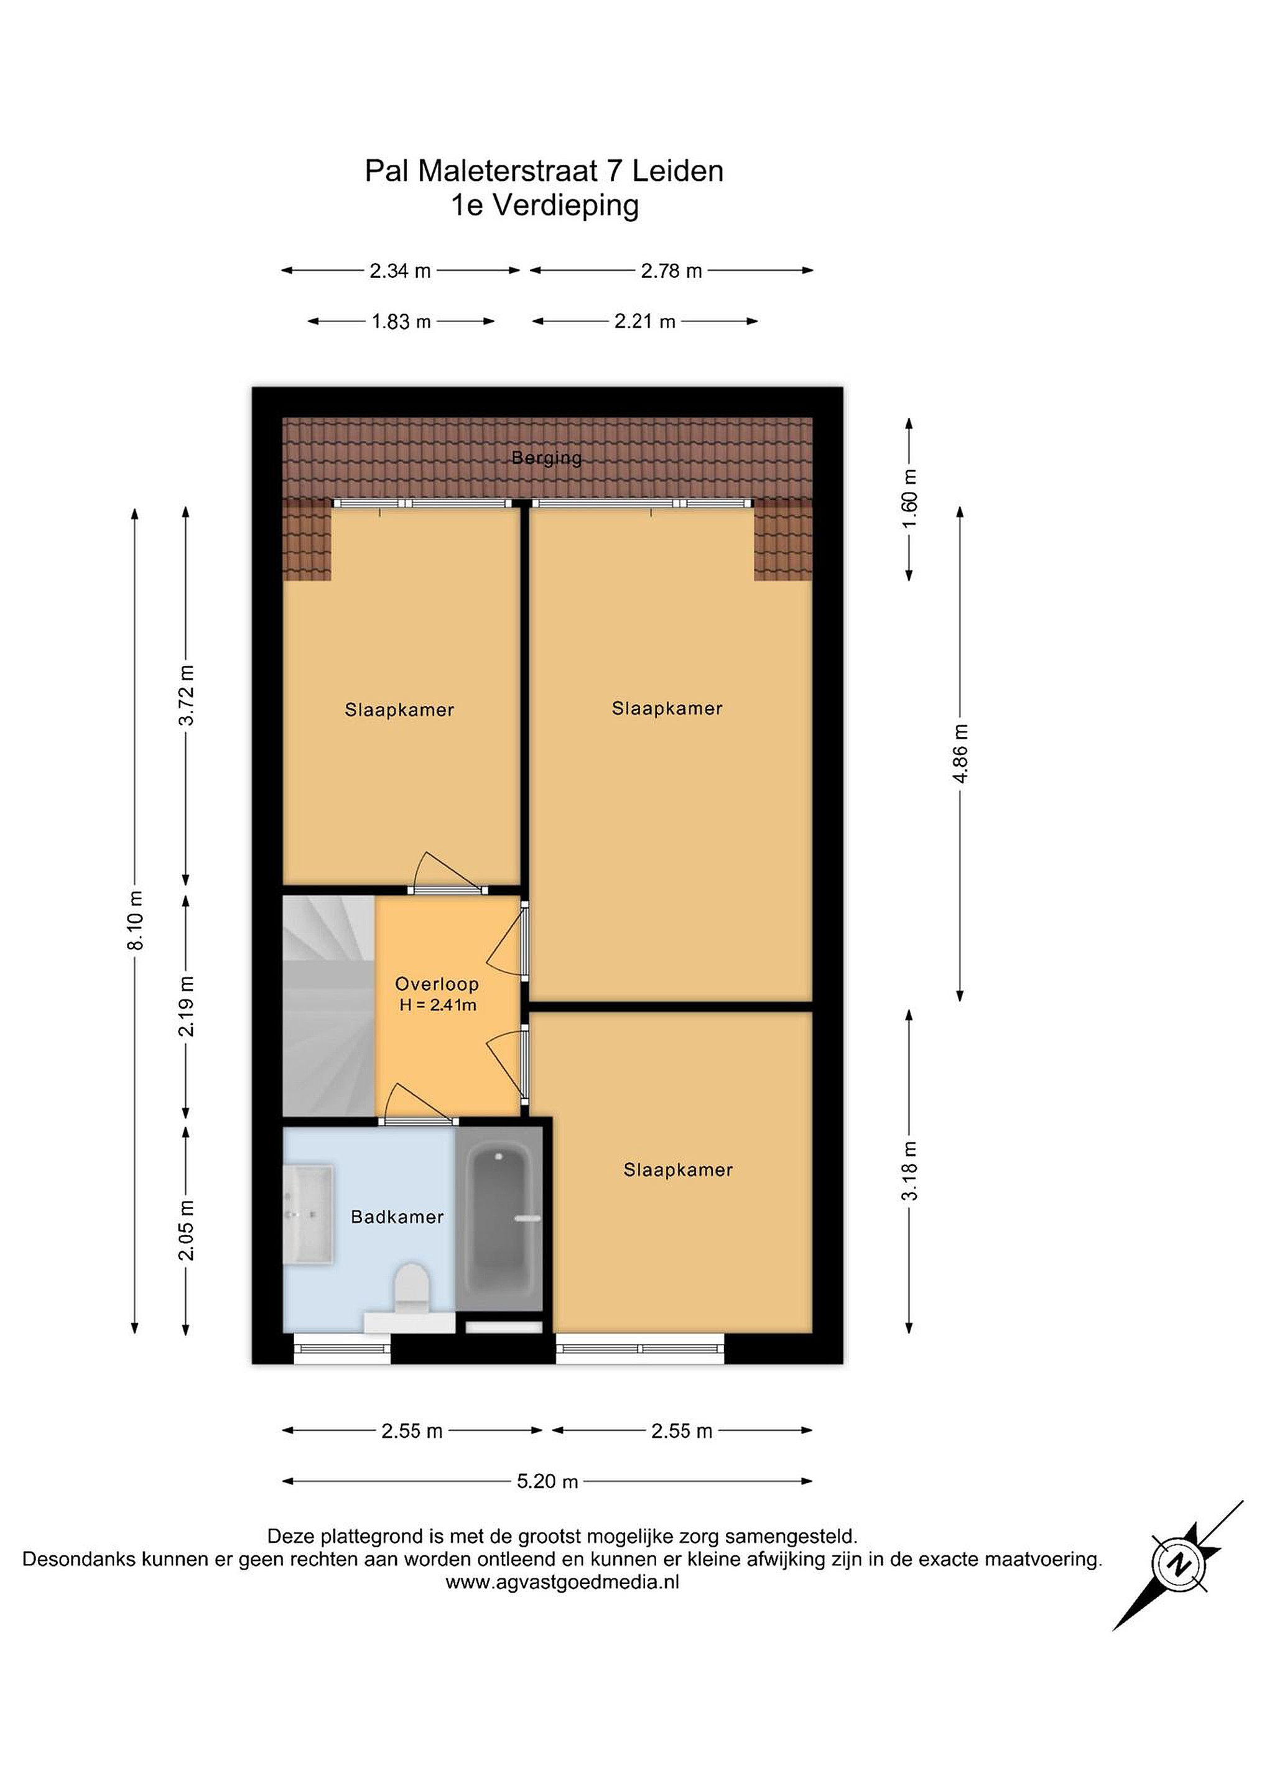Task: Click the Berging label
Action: pos(546,457)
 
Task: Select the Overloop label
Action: pos(437,984)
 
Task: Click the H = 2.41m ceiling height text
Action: pos(438,1005)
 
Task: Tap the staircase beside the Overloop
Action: pos(328,1006)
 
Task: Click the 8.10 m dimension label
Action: pos(135,920)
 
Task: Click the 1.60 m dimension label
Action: pos(910,499)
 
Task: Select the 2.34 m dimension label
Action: pos(400,271)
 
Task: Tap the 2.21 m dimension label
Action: pos(644,322)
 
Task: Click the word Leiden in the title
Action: pos(677,171)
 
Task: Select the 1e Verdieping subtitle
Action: pos(545,205)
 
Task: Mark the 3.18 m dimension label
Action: pos(910,1171)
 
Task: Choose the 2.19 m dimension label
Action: pos(187,1006)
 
